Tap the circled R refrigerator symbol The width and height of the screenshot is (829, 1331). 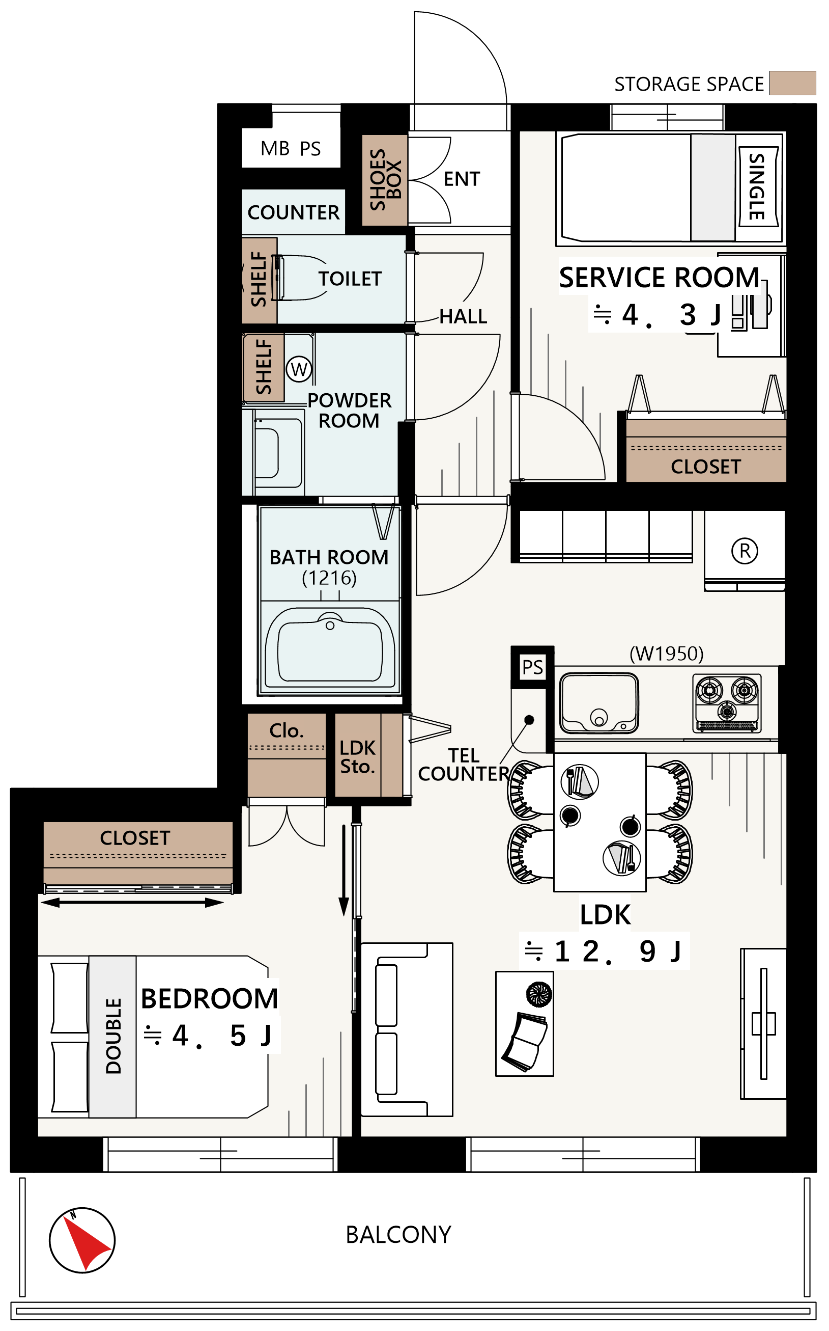click(x=745, y=551)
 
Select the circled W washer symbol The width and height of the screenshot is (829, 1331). click(x=299, y=369)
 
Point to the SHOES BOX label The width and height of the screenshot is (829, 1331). click(x=385, y=179)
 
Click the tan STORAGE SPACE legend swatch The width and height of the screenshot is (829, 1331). click(x=792, y=83)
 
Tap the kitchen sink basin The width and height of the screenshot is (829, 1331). click(x=598, y=703)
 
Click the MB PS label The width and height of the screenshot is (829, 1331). click(x=291, y=149)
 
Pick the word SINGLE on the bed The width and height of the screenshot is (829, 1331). click(x=757, y=186)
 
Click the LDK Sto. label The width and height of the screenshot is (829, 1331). click(x=357, y=757)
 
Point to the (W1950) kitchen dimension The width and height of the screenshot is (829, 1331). click(x=666, y=654)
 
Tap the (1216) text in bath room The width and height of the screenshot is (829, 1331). click(x=329, y=578)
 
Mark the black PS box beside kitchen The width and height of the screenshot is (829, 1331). click(x=532, y=667)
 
